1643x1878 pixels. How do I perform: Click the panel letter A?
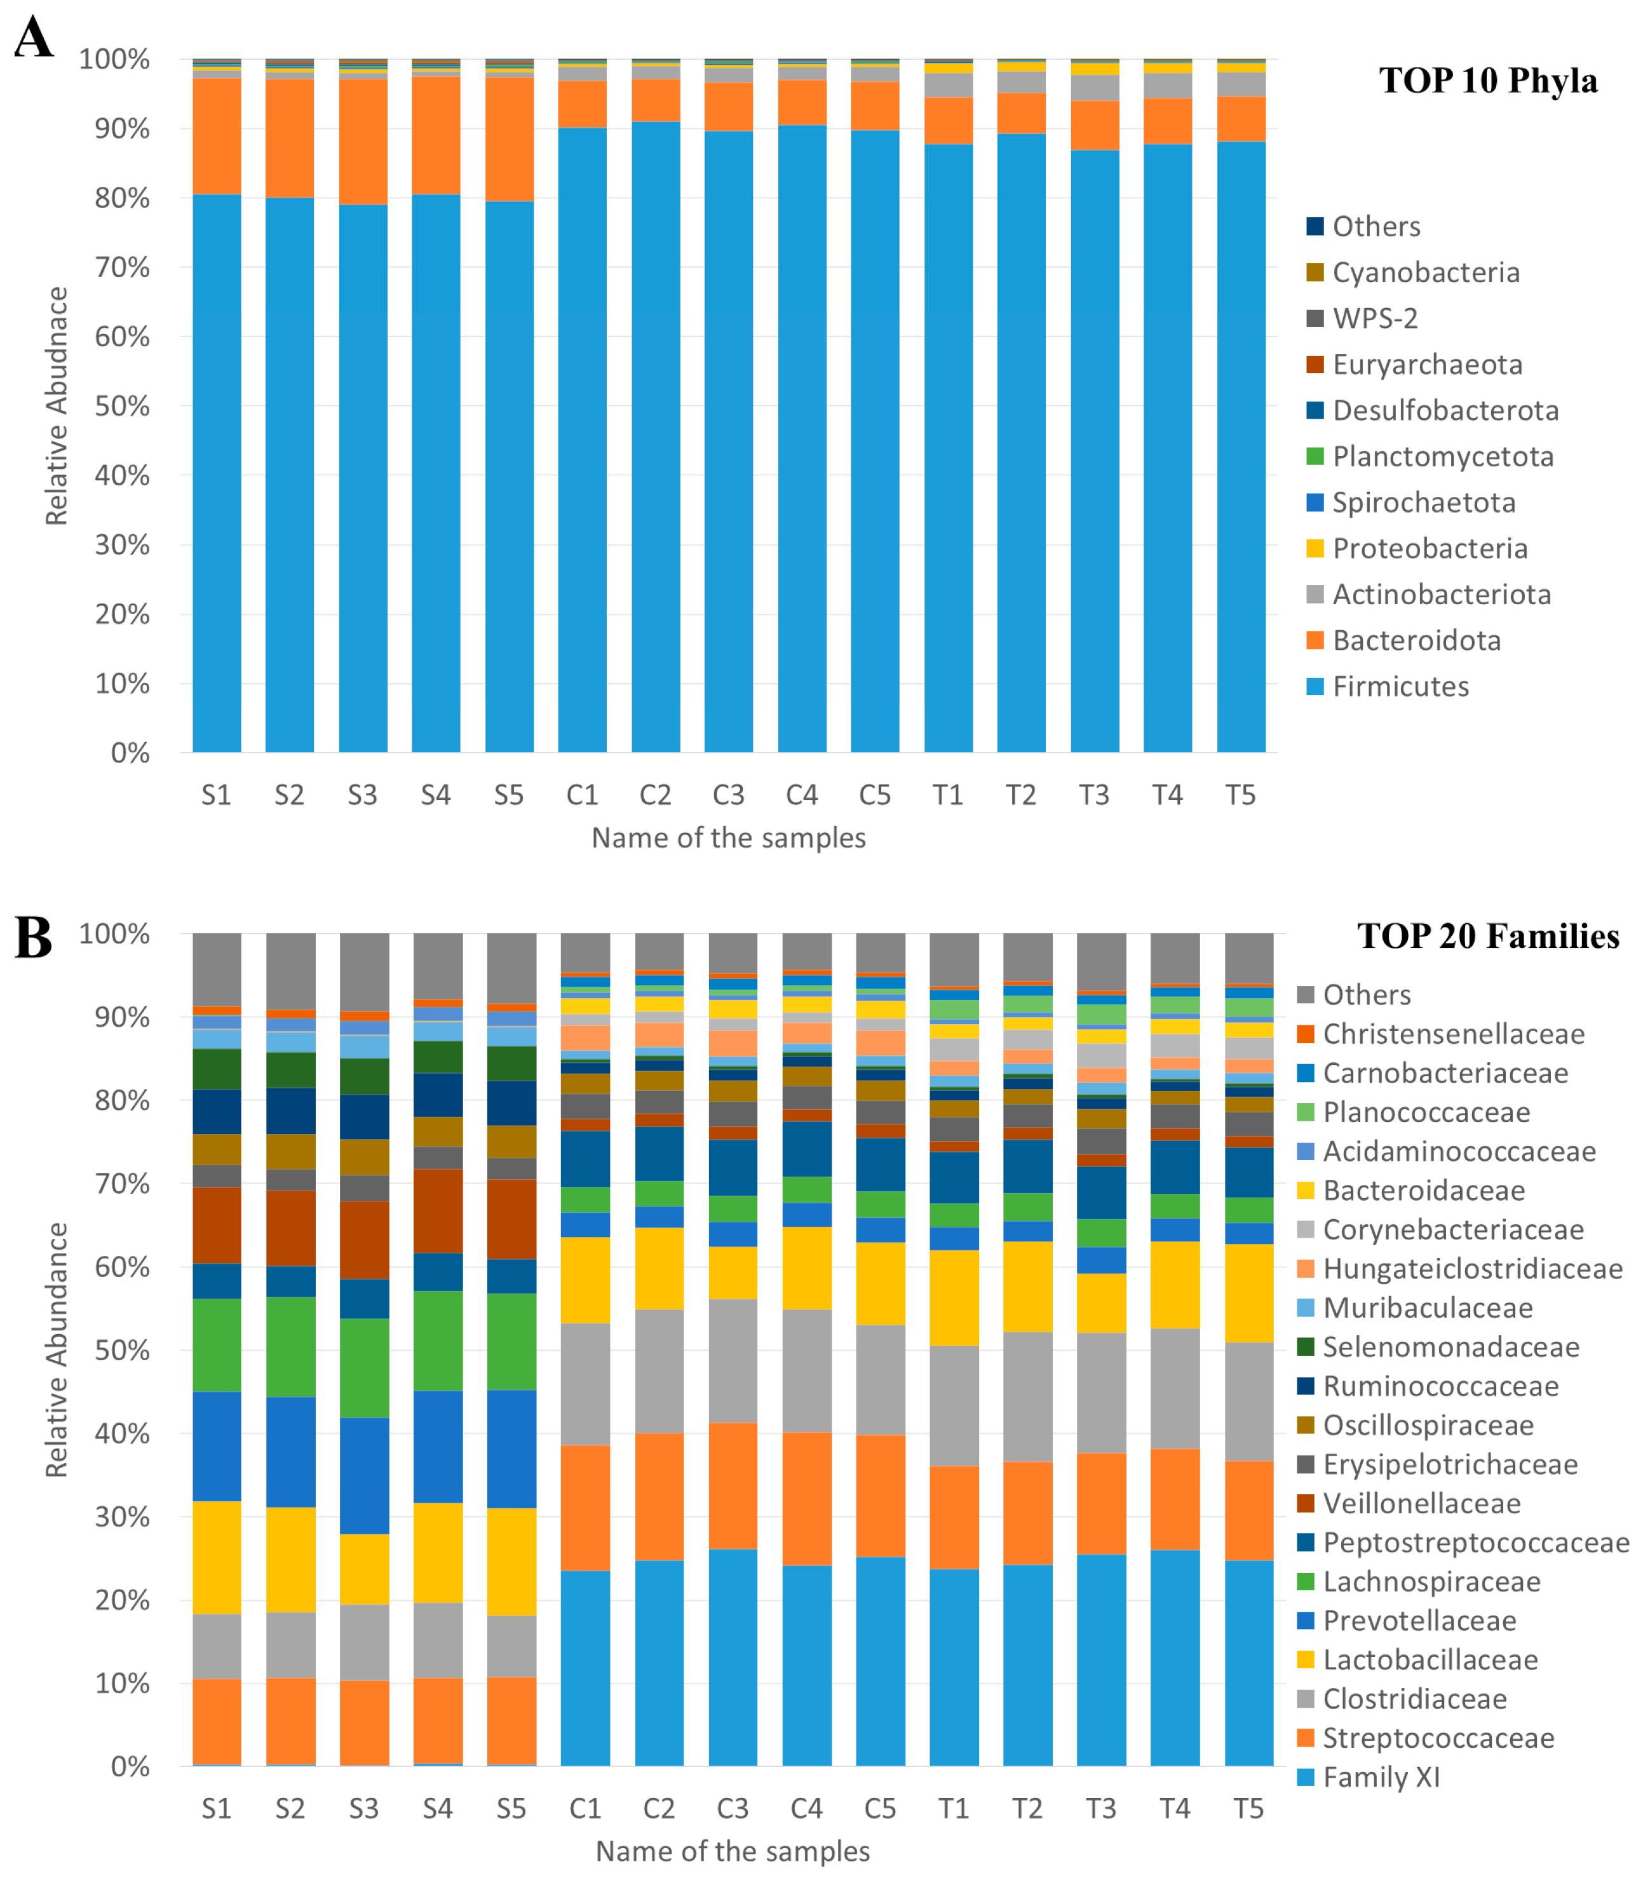33,39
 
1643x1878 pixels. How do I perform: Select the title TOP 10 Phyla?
1488,81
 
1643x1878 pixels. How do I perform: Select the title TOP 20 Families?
1488,936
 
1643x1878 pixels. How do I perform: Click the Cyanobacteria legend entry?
1426,273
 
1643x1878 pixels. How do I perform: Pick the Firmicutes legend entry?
1400,686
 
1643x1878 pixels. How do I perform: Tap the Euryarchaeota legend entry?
1426,364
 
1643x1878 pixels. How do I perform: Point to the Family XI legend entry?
1381,1777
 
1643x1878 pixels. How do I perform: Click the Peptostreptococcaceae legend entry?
1475,1543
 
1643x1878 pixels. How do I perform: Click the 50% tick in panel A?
122,406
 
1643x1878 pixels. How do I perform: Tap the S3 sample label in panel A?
362,795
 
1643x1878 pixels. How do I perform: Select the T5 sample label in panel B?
1248,1808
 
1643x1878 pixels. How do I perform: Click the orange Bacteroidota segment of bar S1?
217,136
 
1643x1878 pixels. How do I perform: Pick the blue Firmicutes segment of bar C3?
729,440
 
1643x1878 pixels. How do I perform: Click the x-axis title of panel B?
733,1851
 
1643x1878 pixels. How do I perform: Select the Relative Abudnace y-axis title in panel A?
57,406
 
